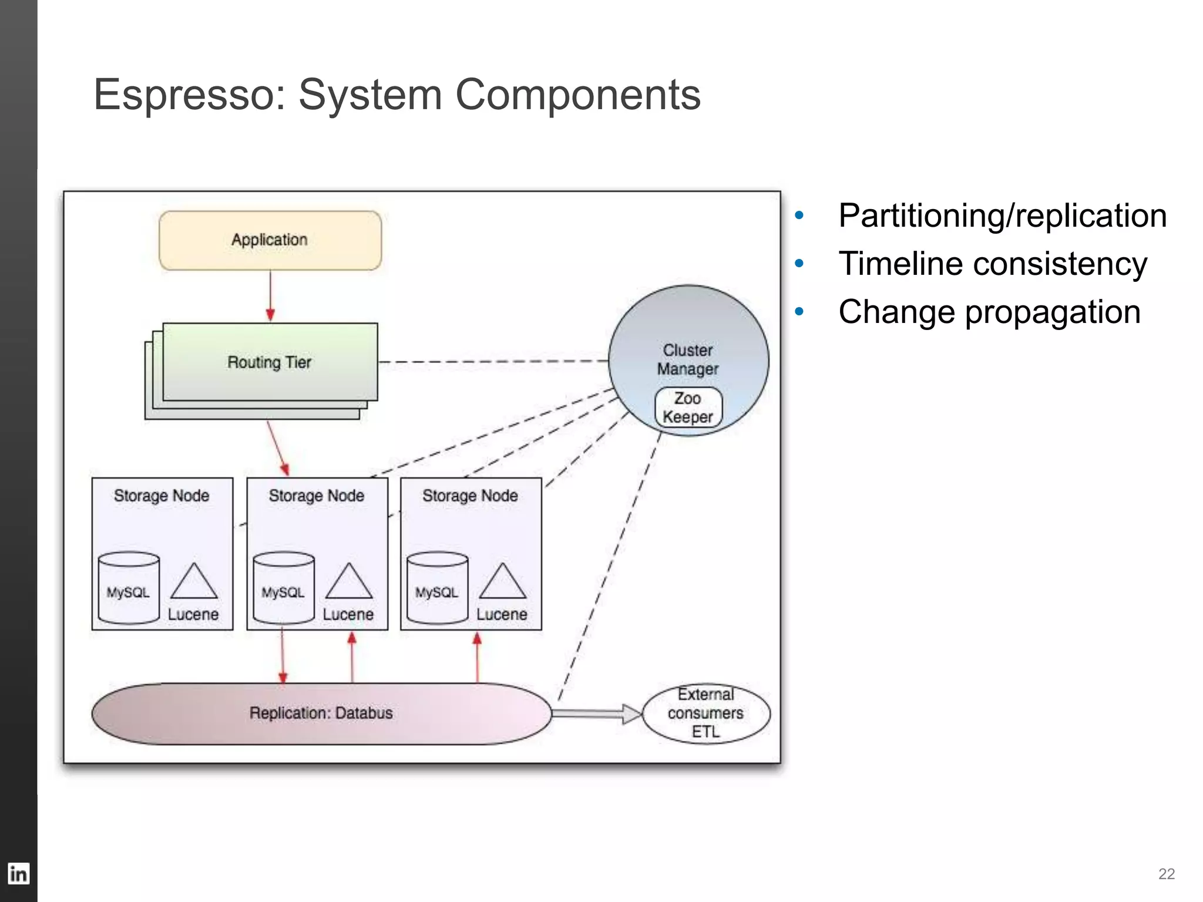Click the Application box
click(x=270, y=240)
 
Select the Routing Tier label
click(x=269, y=362)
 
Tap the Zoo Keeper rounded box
click(x=688, y=408)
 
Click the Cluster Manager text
click(x=688, y=359)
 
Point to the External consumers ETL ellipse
click(x=705, y=713)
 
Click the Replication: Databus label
click(x=321, y=713)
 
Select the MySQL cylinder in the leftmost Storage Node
click(x=129, y=588)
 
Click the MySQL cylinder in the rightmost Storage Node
click(x=437, y=588)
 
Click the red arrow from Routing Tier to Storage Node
click(x=277, y=447)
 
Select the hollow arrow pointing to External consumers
click(x=597, y=713)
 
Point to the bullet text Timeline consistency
click(x=992, y=264)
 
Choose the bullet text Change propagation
click(x=989, y=312)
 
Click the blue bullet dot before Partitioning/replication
click(x=799, y=216)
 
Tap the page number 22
click(x=1166, y=874)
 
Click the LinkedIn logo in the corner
click(x=18, y=874)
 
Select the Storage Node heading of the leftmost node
click(x=162, y=496)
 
